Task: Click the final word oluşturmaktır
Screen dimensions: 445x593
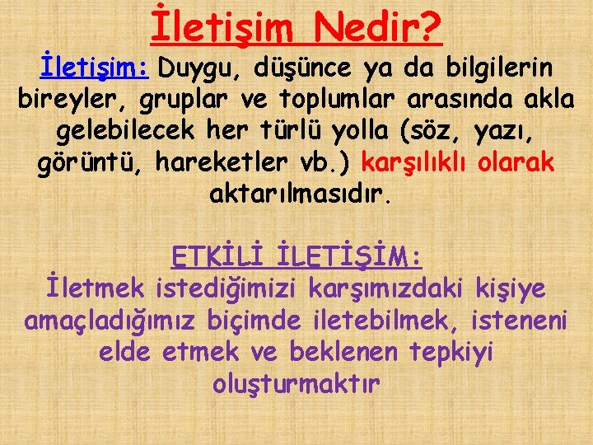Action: click(296, 383)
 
